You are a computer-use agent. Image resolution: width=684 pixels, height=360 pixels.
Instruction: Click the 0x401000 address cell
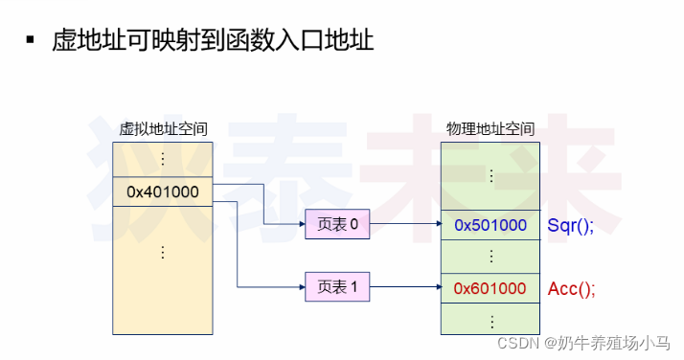pos(163,191)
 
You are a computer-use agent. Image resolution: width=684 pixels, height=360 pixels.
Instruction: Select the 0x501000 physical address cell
pos(490,225)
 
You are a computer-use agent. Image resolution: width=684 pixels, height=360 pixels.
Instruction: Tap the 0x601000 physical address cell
pos(490,287)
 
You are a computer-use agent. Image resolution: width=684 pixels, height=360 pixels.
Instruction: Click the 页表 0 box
pos(336,225)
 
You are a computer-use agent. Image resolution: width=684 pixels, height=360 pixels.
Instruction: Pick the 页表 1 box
pos(336,286)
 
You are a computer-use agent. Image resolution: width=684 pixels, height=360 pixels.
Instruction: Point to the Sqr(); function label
pos(571,225)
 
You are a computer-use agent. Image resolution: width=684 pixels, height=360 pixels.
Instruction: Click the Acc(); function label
pos(571,287)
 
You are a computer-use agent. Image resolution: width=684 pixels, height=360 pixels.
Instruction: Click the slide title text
pos(213,40)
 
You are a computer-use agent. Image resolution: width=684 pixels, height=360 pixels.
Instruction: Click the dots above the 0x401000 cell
pos(163,158)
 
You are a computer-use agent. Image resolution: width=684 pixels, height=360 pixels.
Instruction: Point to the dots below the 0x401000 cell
pos(163,253)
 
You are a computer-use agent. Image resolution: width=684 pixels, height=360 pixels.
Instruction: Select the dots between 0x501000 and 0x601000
pos(490,257)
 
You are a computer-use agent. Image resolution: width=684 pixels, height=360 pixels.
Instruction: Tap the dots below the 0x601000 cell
pos(490,319)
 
